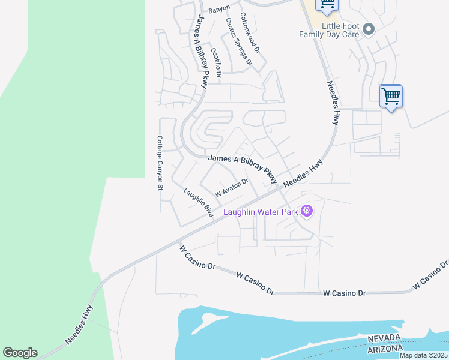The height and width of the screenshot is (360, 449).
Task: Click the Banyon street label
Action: [x=219, y=11]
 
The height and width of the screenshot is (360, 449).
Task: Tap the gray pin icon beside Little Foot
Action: [x=369, y=29]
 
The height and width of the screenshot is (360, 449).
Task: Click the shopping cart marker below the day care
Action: [x=391, y=96]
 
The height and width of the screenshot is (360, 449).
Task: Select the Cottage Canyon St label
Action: [x=160, y=163]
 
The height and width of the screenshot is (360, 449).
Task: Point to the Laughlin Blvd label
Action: [x=199, y=204]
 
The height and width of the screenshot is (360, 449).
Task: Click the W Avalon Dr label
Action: [x=232, y=188]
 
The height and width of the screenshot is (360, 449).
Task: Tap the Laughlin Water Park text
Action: [x=261, y=212]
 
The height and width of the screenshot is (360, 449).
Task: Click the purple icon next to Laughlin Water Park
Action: [x=307, y=211]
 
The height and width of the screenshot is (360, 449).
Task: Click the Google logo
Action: [x=20, y=353]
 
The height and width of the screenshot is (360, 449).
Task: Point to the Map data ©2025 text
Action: [x=424, y=355]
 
